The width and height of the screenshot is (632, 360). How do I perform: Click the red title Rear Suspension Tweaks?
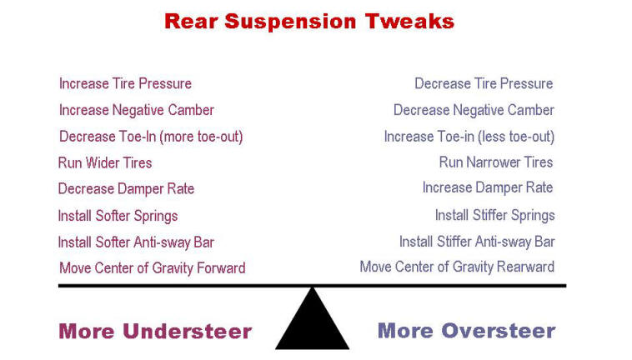(x=309, y=22)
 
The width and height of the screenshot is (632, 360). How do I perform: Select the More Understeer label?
(x=155, y=332)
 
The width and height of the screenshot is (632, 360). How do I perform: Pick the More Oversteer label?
(x=466, y=331)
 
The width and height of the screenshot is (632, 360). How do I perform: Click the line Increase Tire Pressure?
(x=125, y=84)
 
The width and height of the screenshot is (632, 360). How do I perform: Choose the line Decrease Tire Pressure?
(x=484, y=84)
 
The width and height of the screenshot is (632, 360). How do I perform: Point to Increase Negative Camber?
(x=137, y=110)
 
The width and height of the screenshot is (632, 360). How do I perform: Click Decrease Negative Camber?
(x=474, y=110)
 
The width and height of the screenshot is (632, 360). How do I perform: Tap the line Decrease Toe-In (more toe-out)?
(x=151, y=137)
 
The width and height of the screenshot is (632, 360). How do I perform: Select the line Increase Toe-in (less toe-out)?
(x=469, y=137)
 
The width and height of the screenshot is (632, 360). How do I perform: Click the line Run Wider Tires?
(x=105, y=163)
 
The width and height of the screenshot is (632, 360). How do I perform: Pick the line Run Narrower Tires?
(x=496, y=162)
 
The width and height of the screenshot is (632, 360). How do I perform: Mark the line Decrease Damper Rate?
(x=126, y=189)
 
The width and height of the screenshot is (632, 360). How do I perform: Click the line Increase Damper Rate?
(x=488, y=187)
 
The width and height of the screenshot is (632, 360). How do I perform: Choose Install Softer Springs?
(x=118, y=216)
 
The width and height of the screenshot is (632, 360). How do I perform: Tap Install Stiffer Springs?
(x=495, y=216)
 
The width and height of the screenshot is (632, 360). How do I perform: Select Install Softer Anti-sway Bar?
(x=136, y=242)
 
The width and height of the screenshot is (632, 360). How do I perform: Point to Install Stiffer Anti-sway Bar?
(x=477, y=242)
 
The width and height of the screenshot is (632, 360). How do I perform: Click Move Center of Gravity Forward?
(x=153, y=268)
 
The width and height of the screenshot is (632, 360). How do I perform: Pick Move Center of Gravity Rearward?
(x=457, y=267)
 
